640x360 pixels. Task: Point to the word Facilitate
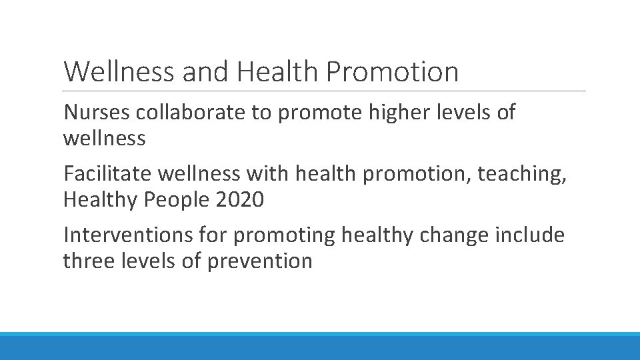point(108,174)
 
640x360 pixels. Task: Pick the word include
point(531,235)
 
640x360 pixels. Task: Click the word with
point(267,174)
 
